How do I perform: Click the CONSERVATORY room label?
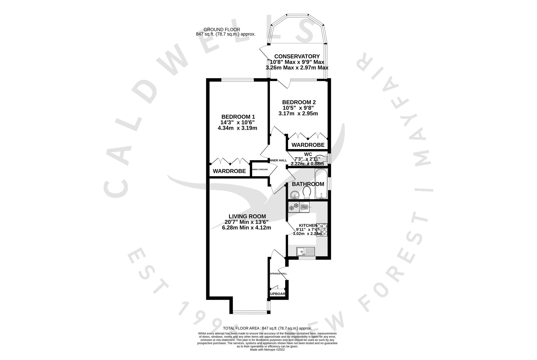297,56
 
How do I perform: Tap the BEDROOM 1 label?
238,117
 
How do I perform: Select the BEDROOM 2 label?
299,102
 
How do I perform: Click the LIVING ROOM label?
247,216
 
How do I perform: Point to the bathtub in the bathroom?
321,184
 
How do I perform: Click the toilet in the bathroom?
307,193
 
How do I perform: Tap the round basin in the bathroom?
295,194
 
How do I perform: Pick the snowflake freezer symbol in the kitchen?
294,207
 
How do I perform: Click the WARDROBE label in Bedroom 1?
229,171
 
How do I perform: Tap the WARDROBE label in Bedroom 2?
308,145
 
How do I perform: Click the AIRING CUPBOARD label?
260,170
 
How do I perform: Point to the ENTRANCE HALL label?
278,274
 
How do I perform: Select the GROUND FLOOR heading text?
222,30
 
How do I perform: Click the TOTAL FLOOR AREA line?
267,328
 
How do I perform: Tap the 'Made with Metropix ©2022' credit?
267,350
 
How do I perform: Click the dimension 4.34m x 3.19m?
237,128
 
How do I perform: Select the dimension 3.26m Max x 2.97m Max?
297,68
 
